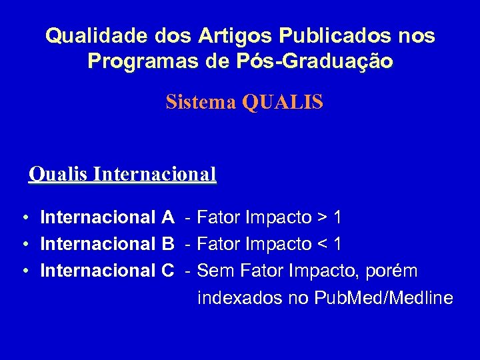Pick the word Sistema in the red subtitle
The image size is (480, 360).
[202, 102]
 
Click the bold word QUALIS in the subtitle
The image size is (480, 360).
[283, 102]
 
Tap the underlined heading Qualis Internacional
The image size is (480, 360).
[123, 175]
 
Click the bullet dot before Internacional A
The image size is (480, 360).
[24, 218]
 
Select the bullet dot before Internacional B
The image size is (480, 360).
[24, 245]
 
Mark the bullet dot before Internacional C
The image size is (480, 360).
[24, 271]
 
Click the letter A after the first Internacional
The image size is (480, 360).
[168, 217]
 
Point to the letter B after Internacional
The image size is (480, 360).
[168, 244]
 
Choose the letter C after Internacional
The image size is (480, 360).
[168, 271]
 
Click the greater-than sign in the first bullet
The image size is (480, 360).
[322, 218]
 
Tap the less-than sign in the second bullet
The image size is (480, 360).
[322, 245]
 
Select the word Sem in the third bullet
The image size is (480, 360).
[215, 271]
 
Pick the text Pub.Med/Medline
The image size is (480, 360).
[388, 298]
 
